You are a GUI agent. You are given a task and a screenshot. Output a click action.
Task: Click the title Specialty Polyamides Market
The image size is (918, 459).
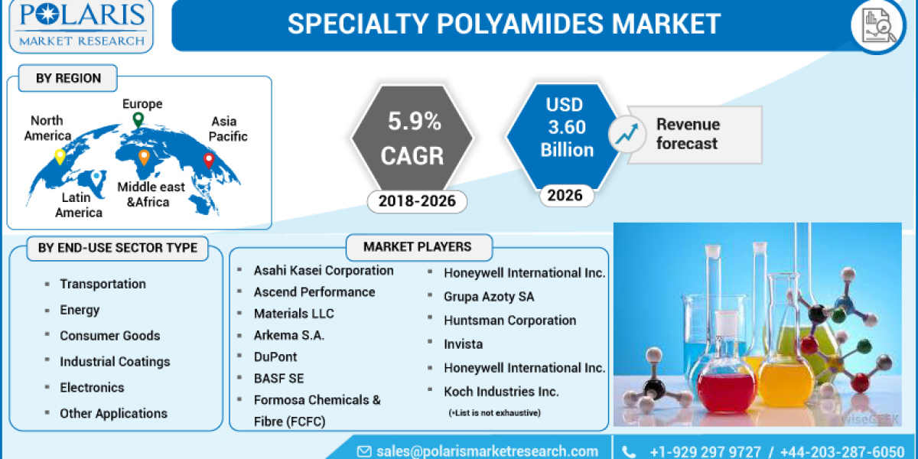pos(504,24)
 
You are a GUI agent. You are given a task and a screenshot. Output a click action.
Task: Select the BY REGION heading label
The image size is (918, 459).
pos(68,78)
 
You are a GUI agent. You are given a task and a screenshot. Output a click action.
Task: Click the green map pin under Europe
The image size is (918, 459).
pos(138,120)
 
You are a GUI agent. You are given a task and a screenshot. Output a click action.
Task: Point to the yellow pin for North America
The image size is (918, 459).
pos(60,157)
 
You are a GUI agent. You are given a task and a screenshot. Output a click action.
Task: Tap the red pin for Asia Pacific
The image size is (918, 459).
pos(208,161)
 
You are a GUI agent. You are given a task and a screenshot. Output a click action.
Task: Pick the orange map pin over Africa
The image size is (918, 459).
pos(144,158)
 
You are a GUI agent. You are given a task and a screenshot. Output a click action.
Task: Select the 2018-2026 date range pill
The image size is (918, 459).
pos(417,201)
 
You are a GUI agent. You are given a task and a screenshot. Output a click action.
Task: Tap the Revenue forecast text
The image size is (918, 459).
pos(688,134)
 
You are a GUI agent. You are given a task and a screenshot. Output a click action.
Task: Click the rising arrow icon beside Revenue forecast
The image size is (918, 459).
pos(627,134)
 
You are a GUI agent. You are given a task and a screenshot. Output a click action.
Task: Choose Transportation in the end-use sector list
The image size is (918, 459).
pos(103,284)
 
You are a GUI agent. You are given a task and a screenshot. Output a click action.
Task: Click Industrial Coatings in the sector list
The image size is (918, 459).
pos(115,361)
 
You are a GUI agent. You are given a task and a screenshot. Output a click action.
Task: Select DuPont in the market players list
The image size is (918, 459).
pos(275,356)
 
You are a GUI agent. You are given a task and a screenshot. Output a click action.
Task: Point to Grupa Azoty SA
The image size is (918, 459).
pos(489,296)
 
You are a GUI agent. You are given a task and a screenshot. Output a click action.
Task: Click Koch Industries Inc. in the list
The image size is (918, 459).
pos(501,391)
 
